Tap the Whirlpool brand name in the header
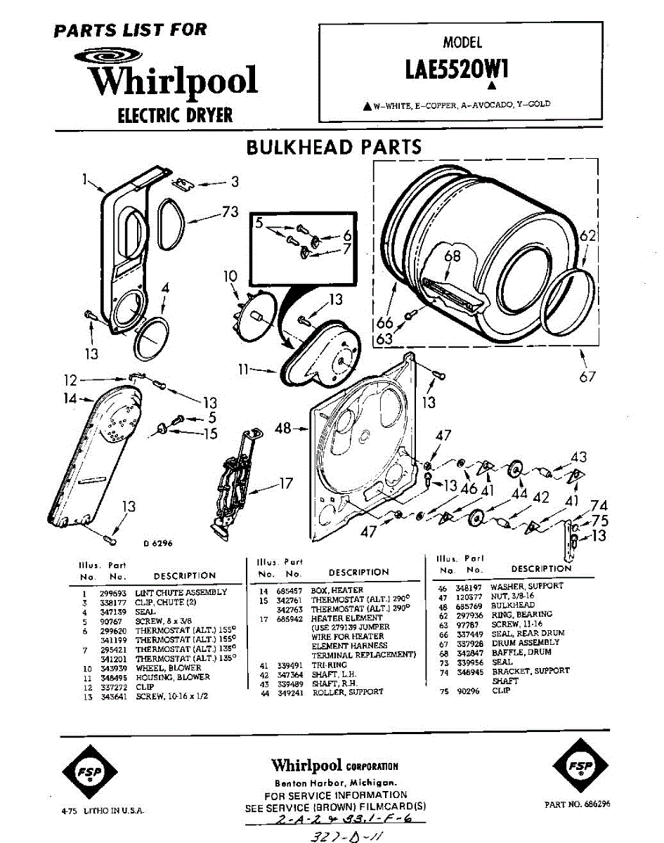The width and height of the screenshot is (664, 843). [x=173, y=81]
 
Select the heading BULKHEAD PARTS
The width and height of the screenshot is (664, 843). [x=333, y=147]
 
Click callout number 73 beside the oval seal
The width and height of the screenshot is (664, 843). [x=230, y=211]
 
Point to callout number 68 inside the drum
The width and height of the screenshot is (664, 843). [x=453, y=256]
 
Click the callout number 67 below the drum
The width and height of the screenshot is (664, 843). [x=587, y=377]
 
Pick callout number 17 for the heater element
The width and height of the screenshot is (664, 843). [x=286, y=483]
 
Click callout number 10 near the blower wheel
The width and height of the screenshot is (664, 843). [x=231, y=277]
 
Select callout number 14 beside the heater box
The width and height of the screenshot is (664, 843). [x=67, y=399]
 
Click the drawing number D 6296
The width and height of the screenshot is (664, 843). [x=157, y=543]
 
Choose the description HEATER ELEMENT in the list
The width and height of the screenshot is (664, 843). [x=347, y=618]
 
